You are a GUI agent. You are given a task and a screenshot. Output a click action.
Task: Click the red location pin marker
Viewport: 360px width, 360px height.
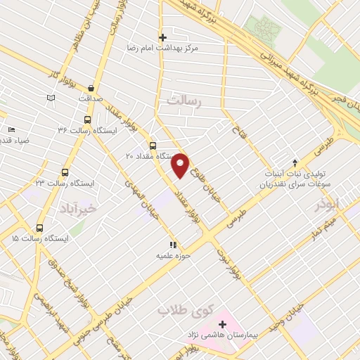tap(181, 165)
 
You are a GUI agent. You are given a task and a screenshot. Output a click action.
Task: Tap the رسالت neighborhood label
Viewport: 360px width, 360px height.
tap(184, 103)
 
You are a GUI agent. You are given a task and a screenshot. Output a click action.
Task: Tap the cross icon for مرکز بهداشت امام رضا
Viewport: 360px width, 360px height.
tap(162, 37)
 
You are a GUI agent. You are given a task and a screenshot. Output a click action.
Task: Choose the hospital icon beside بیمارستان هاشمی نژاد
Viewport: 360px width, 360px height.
tap(223, 324)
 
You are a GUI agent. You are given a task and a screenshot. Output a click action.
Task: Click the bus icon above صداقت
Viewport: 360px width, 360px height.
tap(91, 88)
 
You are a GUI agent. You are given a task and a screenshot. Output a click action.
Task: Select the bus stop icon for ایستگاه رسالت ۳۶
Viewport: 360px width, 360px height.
tap(87, 120)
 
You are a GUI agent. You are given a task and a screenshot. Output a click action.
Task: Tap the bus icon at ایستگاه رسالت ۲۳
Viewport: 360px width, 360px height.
tap(65, 172)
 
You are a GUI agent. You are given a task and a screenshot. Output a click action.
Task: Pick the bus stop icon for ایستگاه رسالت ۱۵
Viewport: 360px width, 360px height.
tap(39, 229)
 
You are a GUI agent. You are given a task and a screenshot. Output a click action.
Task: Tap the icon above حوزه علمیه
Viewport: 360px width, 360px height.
tap(173, 245)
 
